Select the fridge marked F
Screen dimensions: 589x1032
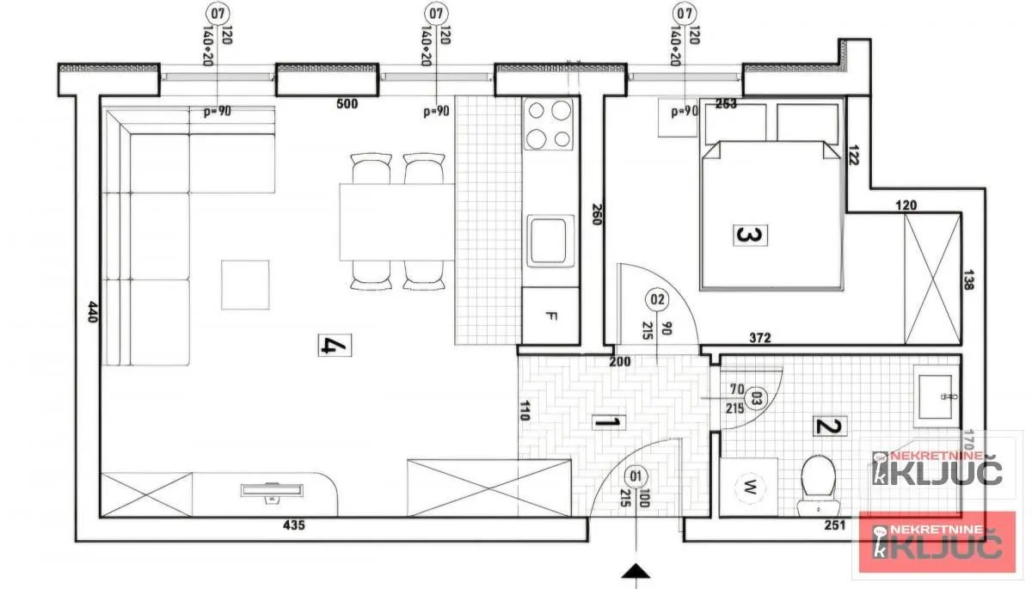coord(551,316)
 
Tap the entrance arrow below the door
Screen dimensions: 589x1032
coord(636,570)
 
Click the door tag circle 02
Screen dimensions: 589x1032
coord(658,300)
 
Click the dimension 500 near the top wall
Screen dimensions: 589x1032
coord(347,105)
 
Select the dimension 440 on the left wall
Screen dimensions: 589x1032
coord(90,311)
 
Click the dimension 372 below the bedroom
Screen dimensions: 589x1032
coord(759,340)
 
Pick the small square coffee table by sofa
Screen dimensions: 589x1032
coord(245,285)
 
